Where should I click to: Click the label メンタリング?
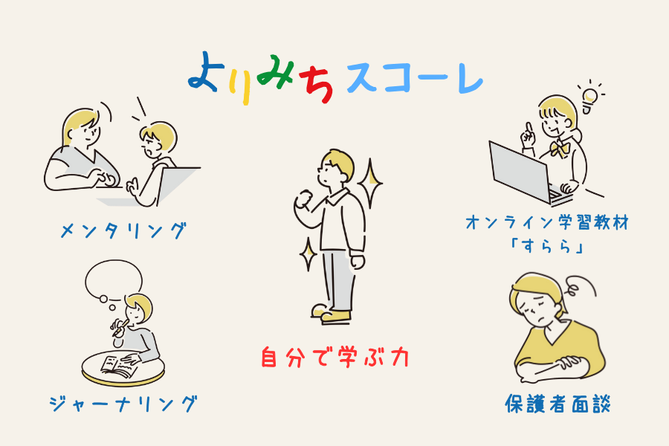pos(123,231)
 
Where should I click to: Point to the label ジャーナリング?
pos(123,404)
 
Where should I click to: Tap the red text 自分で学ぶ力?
pos(335,357)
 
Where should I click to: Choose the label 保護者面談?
pos(557,404)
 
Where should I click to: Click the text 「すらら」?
pos(547,246)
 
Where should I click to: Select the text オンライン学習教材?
pos(547,222)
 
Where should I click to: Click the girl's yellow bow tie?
pos(559,148)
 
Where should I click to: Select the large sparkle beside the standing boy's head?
pos(370,184)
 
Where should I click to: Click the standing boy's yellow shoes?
pos(331,313)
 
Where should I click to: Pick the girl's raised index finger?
pos(529,129)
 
